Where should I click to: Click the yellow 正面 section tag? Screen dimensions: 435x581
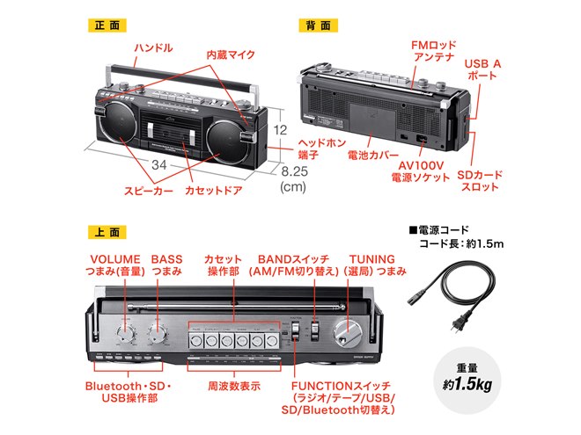[107, 25]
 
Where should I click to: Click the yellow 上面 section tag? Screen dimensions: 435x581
[107, 232]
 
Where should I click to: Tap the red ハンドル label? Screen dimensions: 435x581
[152, 47]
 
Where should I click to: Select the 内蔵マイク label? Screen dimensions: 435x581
[231, 54]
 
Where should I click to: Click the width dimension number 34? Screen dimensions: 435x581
[159, 164]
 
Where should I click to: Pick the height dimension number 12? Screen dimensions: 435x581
[280, 129]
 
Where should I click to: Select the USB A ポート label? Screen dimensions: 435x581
[482, 69]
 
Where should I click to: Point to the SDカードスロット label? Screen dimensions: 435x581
[482, 182]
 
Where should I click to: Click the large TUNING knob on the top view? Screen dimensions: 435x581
[347, 331]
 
